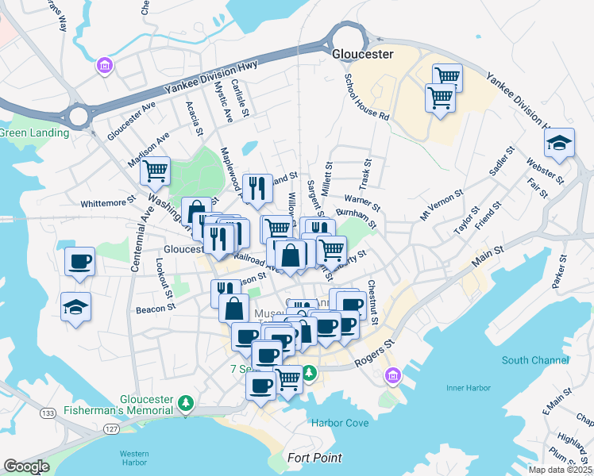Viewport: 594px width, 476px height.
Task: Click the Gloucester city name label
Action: pyautogui.click(x=364, y=54)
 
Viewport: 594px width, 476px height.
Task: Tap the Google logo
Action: pyautogui.click(x=26, y=466)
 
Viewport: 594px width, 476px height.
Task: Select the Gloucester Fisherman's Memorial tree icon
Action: pyautogui.click(x=186, y=404)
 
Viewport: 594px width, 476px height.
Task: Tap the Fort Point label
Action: pyautogui.click(x=315, y=458)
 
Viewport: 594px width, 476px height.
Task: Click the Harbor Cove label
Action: pyautogui.click(x=340, y=423)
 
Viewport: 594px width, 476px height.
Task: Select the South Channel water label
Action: pyautogui.click(x=537, y=360)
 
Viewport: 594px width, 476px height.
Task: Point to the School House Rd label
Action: pyautogui.click(x=366, y=97)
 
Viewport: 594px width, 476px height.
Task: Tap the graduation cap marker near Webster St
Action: pyautogui.click(x=559, y=144)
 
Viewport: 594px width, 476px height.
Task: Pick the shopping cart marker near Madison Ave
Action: pyautogui.click(x=156, y=169)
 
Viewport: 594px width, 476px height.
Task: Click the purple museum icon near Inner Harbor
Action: pyautogui.click(x=391, y=376)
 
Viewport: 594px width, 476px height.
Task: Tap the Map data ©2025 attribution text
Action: pyautogui.click(x=560, y=470)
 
